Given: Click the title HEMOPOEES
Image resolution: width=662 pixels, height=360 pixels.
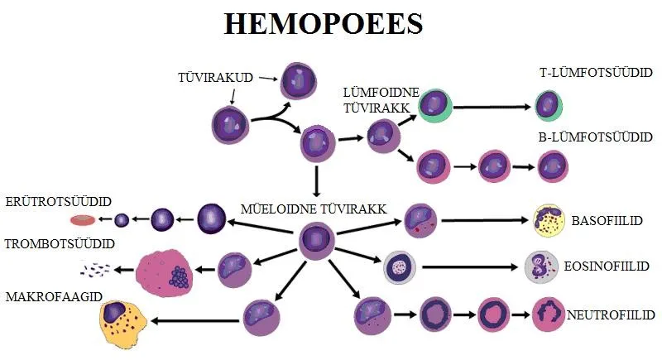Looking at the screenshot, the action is (324, 24).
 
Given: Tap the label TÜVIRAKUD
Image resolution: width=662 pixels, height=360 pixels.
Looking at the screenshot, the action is (215, 78).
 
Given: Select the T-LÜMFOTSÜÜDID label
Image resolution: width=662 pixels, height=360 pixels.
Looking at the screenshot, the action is (596, 73).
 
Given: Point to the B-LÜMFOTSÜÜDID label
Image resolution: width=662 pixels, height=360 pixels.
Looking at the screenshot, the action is (595, 137).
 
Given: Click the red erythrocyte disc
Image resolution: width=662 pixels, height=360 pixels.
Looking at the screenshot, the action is (83, 220).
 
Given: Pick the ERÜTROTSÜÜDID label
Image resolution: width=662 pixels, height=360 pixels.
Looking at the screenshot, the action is (59, 202).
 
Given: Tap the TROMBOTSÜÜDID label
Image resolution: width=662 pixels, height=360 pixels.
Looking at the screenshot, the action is (60, 244).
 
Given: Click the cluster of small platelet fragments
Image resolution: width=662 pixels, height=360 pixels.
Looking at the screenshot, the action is (95, 270).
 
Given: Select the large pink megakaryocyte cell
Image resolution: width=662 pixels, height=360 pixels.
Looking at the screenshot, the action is (164, 273).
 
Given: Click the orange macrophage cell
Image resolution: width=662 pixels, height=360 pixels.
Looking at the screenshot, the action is (122, 324).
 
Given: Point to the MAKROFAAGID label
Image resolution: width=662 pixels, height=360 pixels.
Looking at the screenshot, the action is (54, 297).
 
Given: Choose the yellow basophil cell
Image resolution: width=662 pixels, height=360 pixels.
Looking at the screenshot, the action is (549, 221).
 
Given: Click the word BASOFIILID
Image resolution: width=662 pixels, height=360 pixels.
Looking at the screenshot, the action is (607, 221).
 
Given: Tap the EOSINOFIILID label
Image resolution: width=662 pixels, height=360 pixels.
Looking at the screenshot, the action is (607, 266).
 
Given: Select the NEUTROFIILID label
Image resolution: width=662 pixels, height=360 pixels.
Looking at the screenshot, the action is (611, 314).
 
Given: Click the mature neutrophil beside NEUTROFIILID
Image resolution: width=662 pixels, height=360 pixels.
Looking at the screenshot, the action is (549, 314).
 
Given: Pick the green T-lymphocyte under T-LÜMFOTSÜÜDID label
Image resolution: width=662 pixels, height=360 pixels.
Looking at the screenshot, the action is (549, 106).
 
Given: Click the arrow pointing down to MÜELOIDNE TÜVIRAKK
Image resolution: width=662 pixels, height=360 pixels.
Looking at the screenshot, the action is (316, 181).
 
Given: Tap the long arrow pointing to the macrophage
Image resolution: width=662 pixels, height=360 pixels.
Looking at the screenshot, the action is (195, 321).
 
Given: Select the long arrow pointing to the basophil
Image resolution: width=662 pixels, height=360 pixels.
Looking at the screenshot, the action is (485, 220).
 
